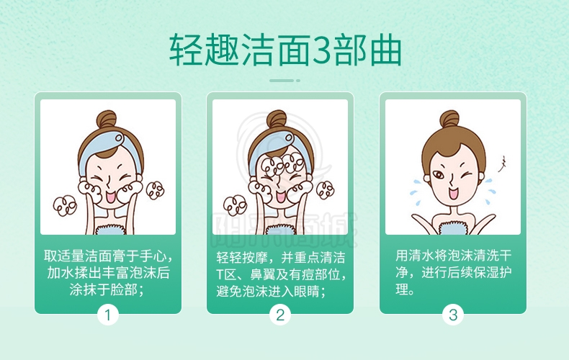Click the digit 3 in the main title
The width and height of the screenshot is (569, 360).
(321, 50)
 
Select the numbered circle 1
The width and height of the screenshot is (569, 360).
(108, 315)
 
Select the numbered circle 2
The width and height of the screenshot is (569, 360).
(279, 315)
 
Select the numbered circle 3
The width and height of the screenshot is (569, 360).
(453, 315)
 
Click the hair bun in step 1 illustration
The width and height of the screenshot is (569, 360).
(106, 120)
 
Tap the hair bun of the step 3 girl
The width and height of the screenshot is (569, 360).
(449, 120)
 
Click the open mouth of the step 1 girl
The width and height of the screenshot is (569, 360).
(110, 196)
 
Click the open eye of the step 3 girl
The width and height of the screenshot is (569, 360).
(439, 175)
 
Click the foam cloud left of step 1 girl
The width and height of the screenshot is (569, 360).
(65, 206)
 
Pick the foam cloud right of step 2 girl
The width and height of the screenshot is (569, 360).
(325, 190)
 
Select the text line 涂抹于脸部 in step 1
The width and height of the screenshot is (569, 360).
(103, 290)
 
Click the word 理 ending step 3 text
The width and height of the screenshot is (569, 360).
(402, 289)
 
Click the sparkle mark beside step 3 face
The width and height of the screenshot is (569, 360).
(502, 164)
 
